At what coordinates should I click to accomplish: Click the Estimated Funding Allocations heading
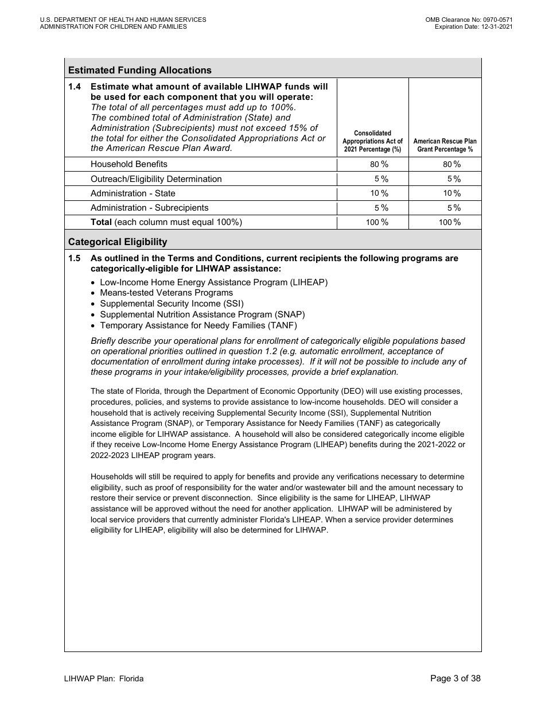point(139,70)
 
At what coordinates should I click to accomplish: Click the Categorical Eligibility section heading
point(118,242)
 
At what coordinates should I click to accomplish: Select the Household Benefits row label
point(129,164)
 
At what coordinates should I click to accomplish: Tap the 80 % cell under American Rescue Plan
point(451,164)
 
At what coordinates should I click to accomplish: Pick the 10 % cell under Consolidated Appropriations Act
point(379,193)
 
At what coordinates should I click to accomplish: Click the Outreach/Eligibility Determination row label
point(156,179)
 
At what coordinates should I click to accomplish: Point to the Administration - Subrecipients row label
point(150,208)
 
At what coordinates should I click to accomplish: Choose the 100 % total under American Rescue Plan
point(449,222)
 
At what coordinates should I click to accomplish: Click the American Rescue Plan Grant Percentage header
point(445,145)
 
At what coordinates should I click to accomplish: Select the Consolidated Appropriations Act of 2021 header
point(372,141)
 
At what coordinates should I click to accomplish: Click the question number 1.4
point(75,87)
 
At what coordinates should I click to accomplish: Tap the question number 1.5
point(75,258)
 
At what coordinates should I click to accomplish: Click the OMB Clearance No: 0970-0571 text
point(469,20)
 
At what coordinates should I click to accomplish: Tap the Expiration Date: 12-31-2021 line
point(473,26)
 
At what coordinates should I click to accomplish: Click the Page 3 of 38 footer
point(455,678)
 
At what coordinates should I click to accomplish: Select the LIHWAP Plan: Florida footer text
point(104,678)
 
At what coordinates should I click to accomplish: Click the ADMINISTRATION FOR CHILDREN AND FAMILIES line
point(113,26)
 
